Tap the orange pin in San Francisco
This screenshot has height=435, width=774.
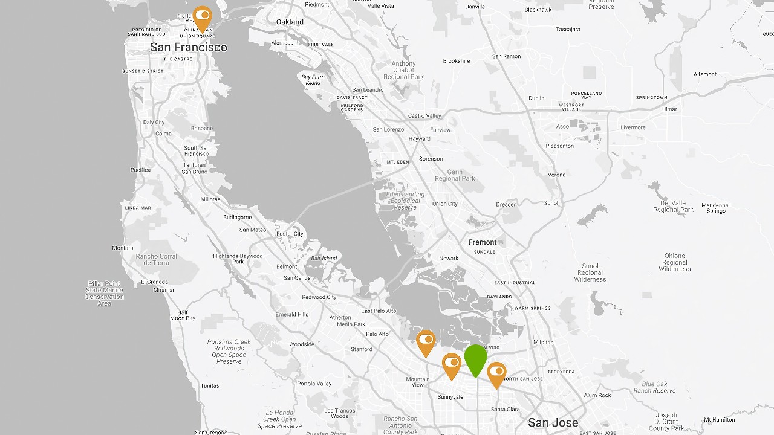click(x=203, y=17)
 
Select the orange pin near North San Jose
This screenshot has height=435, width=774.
click(x=496, y=373)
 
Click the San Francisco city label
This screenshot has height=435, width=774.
click(x=189, y=47)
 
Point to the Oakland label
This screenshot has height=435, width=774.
click(x=290, y=22)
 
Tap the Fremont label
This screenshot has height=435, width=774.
click(x=483, y=242)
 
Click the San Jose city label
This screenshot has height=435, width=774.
click(x=553, y=422)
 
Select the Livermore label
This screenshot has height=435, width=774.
click(x=633, y=127)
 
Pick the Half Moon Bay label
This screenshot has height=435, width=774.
click(x=183, y=315)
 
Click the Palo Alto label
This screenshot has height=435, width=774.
click(x=377, y=334)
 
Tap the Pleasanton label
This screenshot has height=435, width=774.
click(x=559, y=146)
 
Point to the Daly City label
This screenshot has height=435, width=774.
click(x=154, y=123)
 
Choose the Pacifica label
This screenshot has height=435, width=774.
click(x=140, y=170)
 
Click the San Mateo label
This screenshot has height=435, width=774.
click(x=253, y=230)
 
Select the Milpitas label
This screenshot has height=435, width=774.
click(x=543, y=343)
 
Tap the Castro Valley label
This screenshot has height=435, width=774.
click(x=425, y=116)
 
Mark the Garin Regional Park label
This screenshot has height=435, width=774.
click(x=455, y=175)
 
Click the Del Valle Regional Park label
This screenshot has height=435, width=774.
click(x=674, y=207)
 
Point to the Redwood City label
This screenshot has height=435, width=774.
click(x=319, y=297)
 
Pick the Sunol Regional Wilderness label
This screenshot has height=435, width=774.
click(x=590, y=272)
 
